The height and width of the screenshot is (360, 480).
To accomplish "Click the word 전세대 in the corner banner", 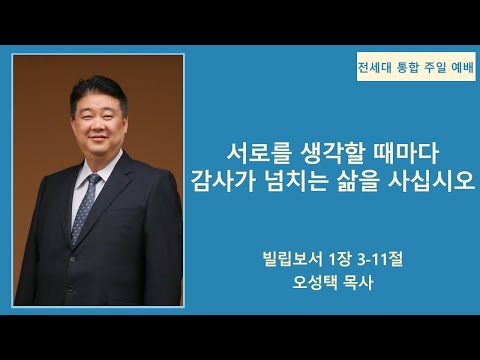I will (377, 69).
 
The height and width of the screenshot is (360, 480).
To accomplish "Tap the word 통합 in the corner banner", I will (412, 69).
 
